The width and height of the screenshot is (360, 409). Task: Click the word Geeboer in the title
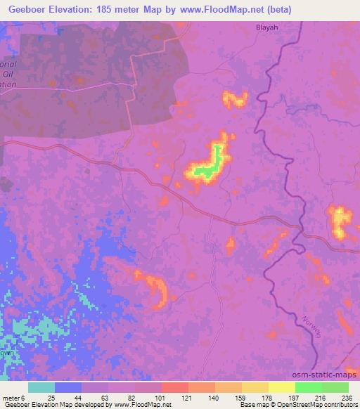click(x=31, y=10)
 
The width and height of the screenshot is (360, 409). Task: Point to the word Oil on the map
click(x=9, y=72)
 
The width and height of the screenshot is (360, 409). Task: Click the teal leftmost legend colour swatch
click(x=42, y=387)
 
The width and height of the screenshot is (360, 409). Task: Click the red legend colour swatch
click(x=175, y=387)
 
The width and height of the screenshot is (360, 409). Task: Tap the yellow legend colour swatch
click(x=281, y=387)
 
